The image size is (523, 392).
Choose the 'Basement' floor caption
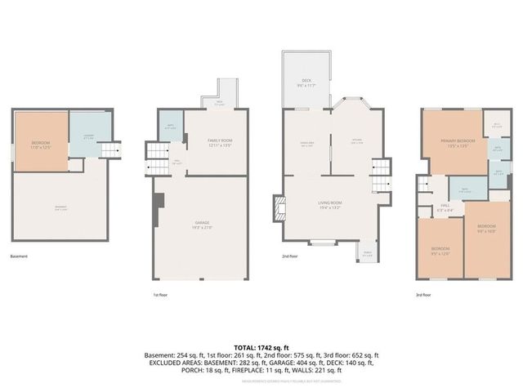pos(19,256)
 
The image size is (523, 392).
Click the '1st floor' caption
pos(161,294)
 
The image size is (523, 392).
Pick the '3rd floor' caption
pos(424,294)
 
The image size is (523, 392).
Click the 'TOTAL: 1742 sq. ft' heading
pos(261,347)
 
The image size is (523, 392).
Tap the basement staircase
pos(110,149)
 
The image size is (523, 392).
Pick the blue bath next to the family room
pos(169,126)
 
